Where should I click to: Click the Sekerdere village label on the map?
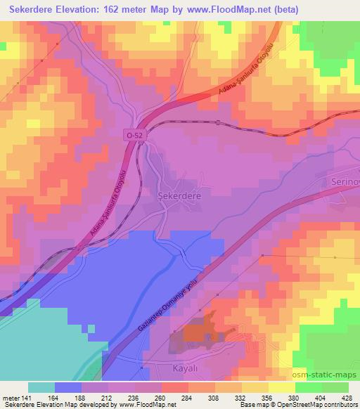(179, 197)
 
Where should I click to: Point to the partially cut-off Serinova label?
(345, 181)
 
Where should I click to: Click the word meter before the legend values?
(9, 398)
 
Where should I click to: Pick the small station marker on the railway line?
(218, 123)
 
